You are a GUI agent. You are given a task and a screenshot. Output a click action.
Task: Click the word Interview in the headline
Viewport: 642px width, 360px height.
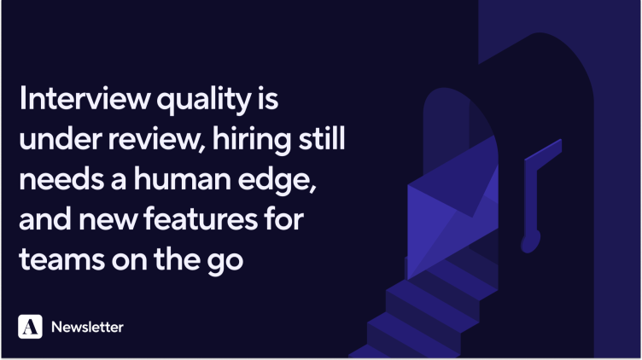(x=85, y=98)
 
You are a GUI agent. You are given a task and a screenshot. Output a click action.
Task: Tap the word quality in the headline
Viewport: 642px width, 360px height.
(x=204, y=100)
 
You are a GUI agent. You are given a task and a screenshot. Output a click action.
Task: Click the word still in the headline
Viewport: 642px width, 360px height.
(x=322, y=138)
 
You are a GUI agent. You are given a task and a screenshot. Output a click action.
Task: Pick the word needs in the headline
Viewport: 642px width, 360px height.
(x=61, y=180)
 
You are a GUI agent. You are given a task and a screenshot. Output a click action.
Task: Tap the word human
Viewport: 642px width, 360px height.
(x=182, y=179)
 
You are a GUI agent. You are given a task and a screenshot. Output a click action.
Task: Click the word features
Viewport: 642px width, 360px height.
(x=201, y=219)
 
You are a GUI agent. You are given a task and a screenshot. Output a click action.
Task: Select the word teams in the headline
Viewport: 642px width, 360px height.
(x=61, y=260)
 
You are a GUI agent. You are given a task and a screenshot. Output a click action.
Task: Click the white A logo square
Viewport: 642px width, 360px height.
(x=30, y=327)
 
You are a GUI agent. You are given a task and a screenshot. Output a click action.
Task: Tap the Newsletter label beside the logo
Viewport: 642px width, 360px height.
(x=87, y=327)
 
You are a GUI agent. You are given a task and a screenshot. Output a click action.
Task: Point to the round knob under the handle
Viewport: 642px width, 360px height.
(x=531, y=242)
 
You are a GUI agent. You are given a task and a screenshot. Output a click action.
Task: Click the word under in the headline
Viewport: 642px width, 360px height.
(x=60, y=139)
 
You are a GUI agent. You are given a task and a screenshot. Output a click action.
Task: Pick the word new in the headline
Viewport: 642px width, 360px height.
(x=108, y=221)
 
